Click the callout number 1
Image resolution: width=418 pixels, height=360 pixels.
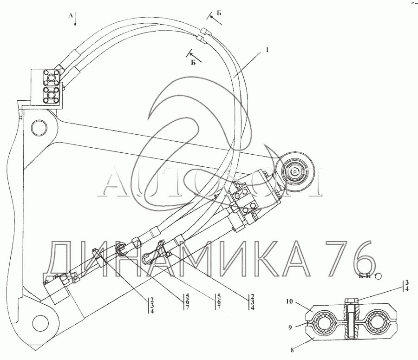pyautogui.click(x=268, y=50)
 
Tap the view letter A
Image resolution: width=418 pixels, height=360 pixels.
pyautogui.click(x=71, y=15)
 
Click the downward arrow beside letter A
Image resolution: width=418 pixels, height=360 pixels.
pyautogui.click(x=75, y=19)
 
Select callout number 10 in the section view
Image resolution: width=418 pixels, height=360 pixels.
pyautogui.click(x=289, y=301)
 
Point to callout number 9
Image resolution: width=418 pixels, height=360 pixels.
pyautogui.click(x=290, y=327)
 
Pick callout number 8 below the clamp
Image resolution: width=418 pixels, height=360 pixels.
pyautogui.click(x=292, y=350)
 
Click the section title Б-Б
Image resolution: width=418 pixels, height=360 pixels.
pyautogui.click(x=365, y=276)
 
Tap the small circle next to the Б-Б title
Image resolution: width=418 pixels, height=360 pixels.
pyautogui.click(x=378, y=276)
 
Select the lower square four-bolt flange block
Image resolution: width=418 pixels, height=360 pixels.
pyautogui.click(x=51, y=94)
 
